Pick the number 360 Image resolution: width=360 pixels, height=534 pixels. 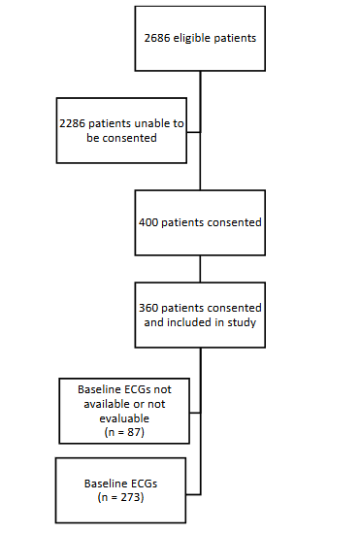click(150, 307)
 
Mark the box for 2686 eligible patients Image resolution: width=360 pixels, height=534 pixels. click(200, 40)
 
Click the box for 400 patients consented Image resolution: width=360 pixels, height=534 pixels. click(200, 221)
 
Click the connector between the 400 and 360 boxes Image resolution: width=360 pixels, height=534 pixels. click(200, 269)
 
